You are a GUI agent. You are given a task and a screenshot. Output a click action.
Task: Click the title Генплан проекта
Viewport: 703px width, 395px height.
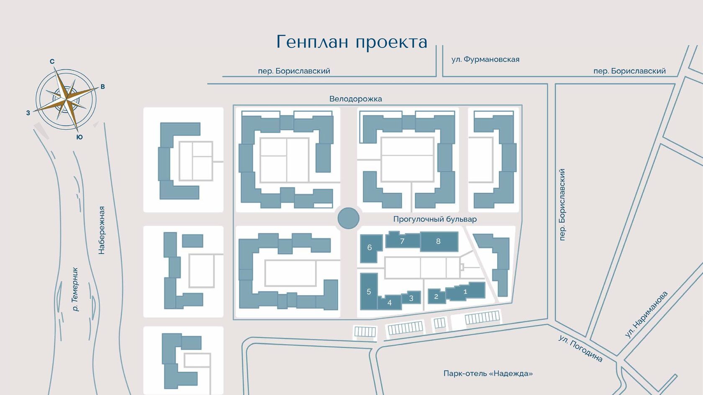[x=352, y=42]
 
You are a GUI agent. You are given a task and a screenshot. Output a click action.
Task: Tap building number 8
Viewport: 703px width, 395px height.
[x=439, y=242]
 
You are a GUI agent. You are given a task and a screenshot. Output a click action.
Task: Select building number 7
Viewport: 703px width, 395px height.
[x=403, y=241]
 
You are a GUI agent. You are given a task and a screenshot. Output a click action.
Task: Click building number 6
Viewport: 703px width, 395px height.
[x=370, y=248]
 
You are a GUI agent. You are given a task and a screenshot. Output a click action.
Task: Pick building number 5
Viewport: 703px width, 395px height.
[x=369, y=291]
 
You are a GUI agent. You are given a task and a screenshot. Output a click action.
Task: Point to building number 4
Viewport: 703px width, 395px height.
[x=390, y=303]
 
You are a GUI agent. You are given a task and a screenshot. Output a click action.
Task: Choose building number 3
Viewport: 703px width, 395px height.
[x=411, y=298]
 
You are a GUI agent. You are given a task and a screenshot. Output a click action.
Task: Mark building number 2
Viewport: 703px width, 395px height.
[x=436, y=296]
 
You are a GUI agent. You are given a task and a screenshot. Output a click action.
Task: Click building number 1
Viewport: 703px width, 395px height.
[x=466, y=292]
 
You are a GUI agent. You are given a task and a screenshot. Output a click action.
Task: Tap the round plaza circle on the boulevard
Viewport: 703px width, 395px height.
[x=348, y=218]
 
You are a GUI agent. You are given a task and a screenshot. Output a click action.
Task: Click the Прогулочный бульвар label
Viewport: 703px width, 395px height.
[x=435, y=219]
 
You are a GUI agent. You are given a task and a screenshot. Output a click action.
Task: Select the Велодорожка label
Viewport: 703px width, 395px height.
[x=356, y=99]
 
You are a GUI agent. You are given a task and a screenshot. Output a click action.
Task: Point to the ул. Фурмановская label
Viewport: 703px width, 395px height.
[x=485, y=59]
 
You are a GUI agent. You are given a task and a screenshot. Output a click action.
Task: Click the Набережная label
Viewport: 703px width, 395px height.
[x=101, y=230]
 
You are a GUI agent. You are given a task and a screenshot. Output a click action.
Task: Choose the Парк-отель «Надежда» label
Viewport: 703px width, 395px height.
[x=488, y=373]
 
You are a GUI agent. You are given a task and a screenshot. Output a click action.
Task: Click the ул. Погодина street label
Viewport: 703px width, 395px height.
[x=581, y=348]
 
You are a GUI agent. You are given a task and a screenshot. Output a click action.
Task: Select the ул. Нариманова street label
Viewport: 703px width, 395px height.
[x=646, y=314]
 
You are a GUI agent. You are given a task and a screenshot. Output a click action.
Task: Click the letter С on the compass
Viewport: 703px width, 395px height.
[x=52, y=61]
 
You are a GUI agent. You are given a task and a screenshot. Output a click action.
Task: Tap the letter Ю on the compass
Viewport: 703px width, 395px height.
[x=80, y=137]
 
